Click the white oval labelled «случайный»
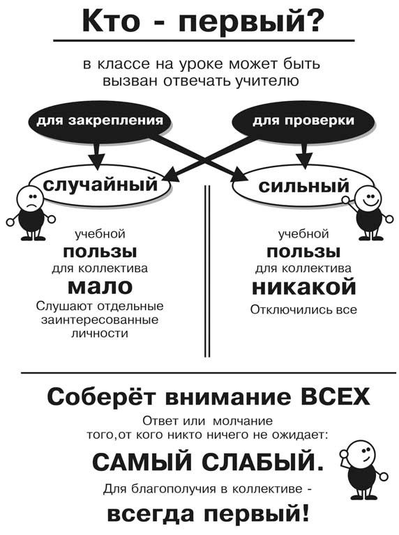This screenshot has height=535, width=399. click(x=100, y=185)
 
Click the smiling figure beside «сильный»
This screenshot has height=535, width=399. click(x=368, y=212)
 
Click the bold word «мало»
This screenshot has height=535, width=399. click(x=100, y=286)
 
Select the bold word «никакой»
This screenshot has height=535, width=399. click(x=303, y=286)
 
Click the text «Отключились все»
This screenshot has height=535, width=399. click(x=303, y=310)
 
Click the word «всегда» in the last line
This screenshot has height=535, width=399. click(x=153, y=513)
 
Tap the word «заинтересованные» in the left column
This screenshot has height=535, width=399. click(x=100, y=320)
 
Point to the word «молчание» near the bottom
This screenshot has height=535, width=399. click(x=243, y=421)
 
